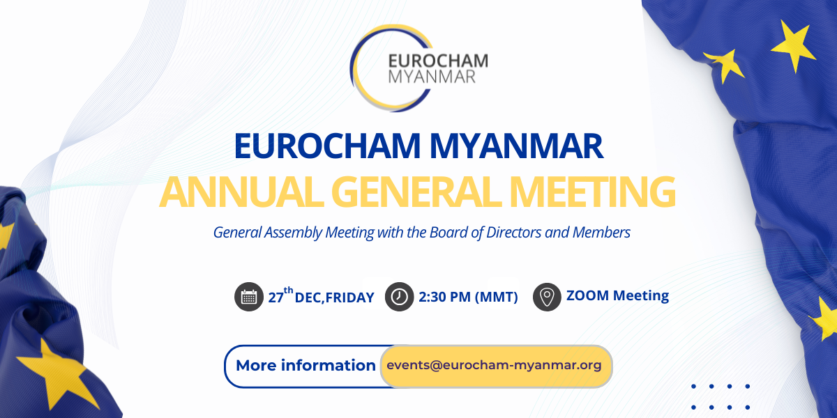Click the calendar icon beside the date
pyautogui.click(x=249, y=297)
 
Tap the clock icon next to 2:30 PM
pyautogui.click(x=399, y=297)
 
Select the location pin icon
pyautogui.click(x=547, y=297)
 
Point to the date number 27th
pyautogui.click(x=280, y=295)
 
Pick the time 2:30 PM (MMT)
pyautogui.click(x=468, y=297)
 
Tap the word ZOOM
pyautogui.click(x=588, y=295)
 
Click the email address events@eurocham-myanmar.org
pyautogui.click(x=494, y=365)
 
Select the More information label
pyautogui.click(x=306, y=365)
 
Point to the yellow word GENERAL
pyautogui.click(x=416, y=192)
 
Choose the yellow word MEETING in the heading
pyautogui.click(x=593, y=192)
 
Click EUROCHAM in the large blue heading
pyautogui.click(x=328, y=146)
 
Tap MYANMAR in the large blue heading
pyautogui.click(x=516, y=146)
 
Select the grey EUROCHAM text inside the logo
pyautogui.click(x=438, y=61)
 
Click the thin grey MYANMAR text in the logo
pyautogui.click(x=432, y=77)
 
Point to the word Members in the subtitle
pyautogui.click(x=601, y=232)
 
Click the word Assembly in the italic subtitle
pyautogui.click(x=293, y=233)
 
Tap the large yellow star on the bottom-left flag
pyautogui.click(x=56, y=373)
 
